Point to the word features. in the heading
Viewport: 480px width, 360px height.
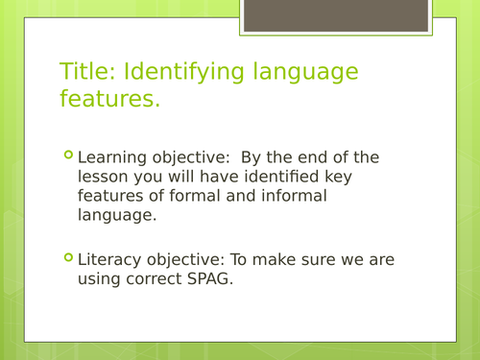pyautogui.click(x=109, y=99)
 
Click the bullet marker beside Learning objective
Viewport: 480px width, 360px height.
pyautogui.click(x=67, y=156)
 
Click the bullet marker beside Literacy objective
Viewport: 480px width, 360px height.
pyautogui.click(x=67, y=257)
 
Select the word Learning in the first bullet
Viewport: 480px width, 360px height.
pyautogui.click(x=110, y=157)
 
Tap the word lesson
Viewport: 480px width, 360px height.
pyautogui.click(x=103, y=177)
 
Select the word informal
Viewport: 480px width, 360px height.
pyautogui.click(x=295, y=196)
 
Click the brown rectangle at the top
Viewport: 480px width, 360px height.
pyautogui.click(x=335, y=15)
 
